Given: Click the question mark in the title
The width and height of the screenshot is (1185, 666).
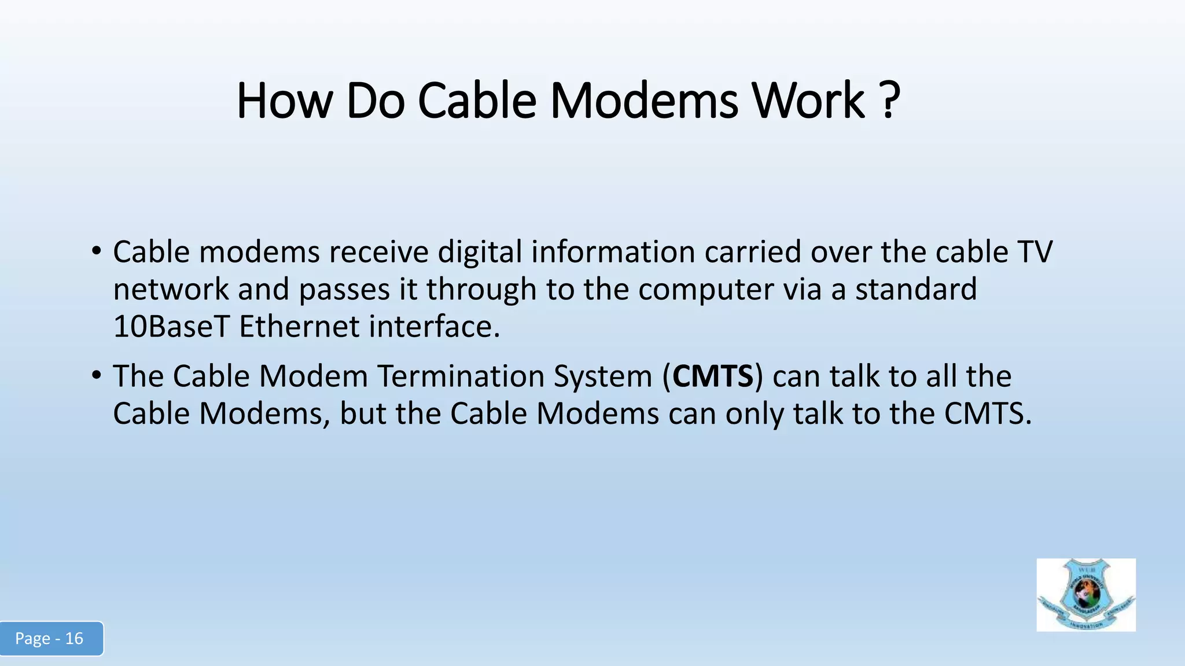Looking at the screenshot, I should click(x=892, y=101).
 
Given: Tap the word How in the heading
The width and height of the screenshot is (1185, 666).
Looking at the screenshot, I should click(x=284, y=101).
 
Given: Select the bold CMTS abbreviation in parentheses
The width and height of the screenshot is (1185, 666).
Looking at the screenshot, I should click(x=713, y=376).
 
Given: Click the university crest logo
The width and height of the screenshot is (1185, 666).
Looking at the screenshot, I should click(x=1085, y=595).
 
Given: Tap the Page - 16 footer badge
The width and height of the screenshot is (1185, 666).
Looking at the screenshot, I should click(x=51, y=638).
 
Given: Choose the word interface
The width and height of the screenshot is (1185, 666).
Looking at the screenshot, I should click(x=434, y=327).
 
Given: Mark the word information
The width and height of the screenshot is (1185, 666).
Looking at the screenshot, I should click(x=613, y=252).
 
